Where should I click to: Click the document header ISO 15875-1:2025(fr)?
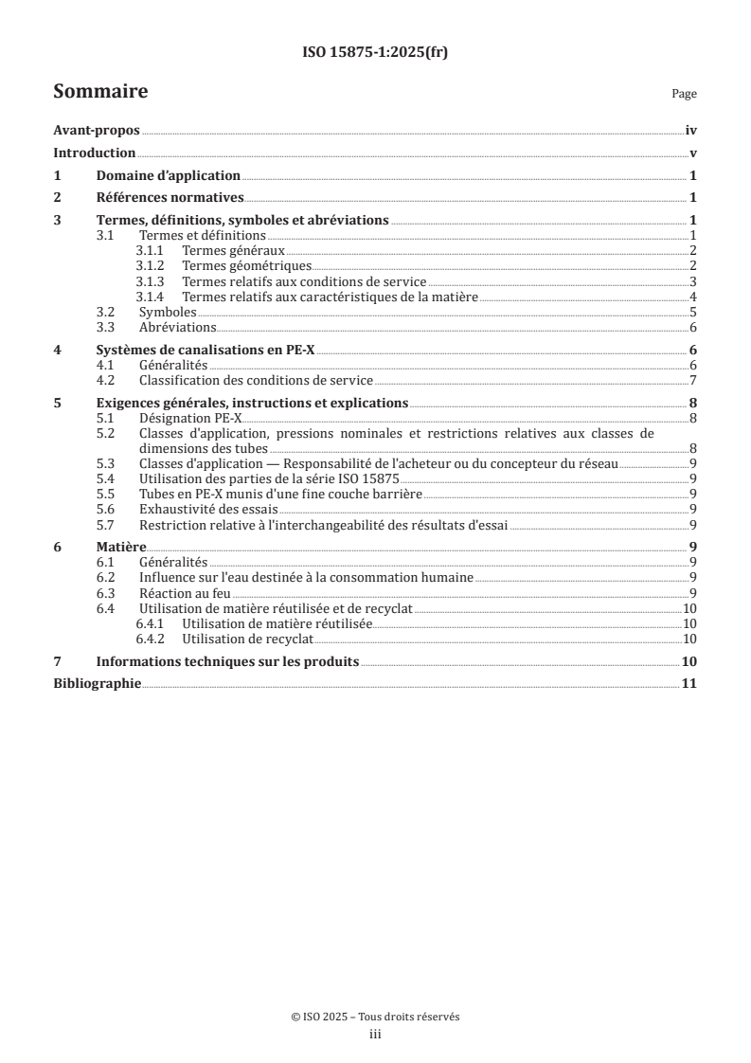click(x=375, y=53)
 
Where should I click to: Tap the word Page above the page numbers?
click(x=684, y=95)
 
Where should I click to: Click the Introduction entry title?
click(x=95, y=153)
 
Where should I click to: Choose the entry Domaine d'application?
click(x=169, y=176)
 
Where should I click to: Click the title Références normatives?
click(x=170, y=198)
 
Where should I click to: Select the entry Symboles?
click(x=168, y=312)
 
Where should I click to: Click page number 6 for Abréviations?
click(x=693, y=327)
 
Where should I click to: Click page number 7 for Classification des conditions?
click(x=693, y=380)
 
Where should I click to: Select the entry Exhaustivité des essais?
click(x=210, y=509)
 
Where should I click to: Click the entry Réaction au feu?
click(x=185, y=592)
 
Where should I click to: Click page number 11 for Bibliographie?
click(x=689, y=683)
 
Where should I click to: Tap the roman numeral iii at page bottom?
click(x=375, y=1036)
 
